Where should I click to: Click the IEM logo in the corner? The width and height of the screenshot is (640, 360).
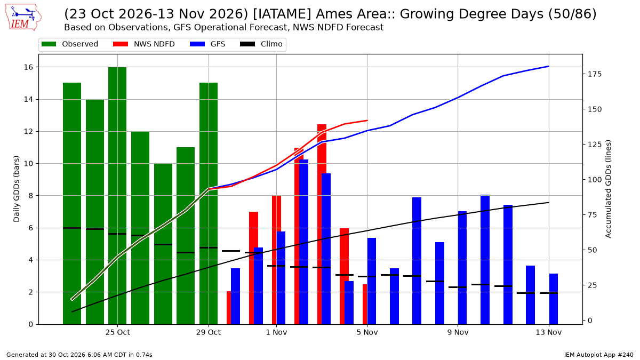23,18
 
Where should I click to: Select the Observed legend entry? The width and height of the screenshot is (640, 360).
70,44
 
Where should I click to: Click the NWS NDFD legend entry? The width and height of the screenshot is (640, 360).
143,44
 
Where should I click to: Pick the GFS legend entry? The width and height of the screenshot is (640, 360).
207,44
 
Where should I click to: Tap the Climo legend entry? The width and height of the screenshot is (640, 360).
261,44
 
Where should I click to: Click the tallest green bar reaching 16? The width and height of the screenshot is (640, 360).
117,196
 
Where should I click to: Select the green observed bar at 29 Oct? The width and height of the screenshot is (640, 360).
209,203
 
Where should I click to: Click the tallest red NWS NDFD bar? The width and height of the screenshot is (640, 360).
322,225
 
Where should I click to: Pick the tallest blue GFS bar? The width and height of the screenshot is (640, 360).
303,242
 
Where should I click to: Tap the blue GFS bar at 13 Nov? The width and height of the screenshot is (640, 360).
554,299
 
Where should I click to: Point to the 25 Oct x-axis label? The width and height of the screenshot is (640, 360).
118,332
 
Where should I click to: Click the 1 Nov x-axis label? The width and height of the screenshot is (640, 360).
276,332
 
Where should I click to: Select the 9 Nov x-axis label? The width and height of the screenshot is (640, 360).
458,332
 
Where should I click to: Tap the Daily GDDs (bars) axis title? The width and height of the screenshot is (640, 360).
17,189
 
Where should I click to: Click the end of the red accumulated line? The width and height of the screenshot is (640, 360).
367,121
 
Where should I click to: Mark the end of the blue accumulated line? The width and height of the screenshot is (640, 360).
549,66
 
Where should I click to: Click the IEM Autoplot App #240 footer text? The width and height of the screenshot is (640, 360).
598,355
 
